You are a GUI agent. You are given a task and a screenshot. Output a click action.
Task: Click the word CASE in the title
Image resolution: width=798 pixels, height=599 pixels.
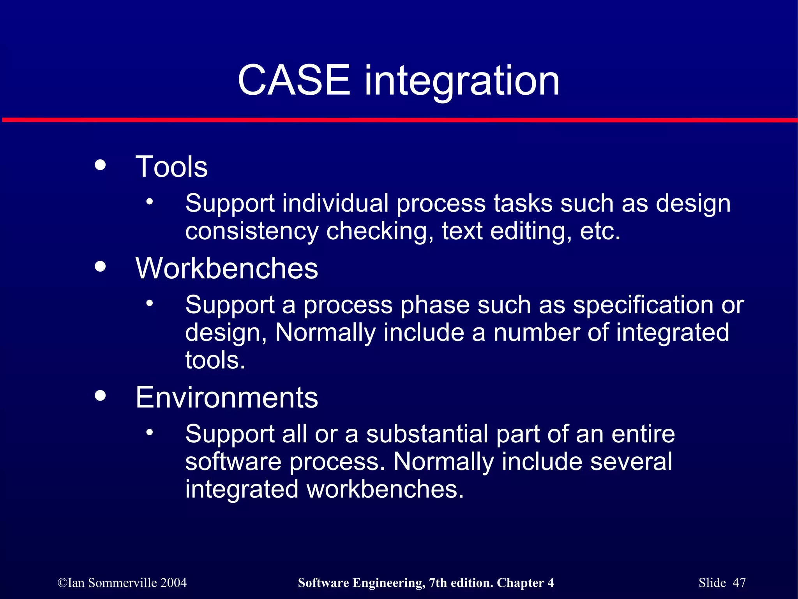click(294, 80)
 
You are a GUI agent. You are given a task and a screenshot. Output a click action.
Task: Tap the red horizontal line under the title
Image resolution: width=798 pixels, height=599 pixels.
click(399, 120)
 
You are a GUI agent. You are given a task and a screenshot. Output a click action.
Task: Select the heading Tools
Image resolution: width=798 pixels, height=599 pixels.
click(171, 167)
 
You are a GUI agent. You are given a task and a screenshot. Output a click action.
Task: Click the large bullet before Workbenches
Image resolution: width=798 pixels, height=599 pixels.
click(100, 267)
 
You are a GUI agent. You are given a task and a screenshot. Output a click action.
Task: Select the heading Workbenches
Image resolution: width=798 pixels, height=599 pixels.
click(226, 269)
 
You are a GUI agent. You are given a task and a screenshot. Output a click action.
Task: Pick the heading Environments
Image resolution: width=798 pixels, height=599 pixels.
click(226, 398)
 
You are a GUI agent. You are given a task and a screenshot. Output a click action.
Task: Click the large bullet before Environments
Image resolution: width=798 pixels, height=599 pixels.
click(100, 396)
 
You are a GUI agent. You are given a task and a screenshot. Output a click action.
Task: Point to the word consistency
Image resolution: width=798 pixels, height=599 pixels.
click(252, 231)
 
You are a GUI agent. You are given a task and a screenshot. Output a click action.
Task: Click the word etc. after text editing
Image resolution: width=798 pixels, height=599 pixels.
click(600, 231)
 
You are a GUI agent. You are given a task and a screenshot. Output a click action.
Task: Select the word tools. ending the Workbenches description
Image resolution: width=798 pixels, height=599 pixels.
click(215, 360)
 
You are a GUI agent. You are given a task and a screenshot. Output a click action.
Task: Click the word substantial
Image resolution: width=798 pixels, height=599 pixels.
click(427, 434)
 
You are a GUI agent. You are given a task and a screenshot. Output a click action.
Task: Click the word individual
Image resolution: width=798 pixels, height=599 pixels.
click(335, 204)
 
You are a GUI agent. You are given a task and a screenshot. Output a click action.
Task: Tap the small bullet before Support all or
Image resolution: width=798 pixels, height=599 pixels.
click(150, 433)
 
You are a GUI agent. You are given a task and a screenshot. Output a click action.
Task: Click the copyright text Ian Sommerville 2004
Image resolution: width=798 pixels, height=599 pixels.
click(122, 583)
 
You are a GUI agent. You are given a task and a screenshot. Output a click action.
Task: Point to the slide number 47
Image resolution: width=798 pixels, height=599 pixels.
click(739, 583)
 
